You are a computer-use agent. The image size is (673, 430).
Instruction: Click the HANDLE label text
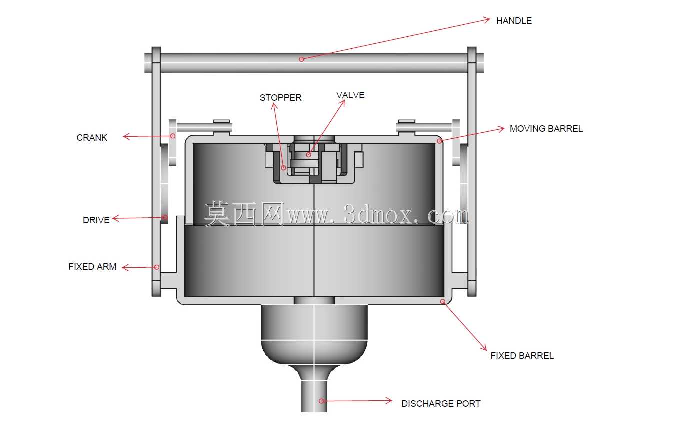(x=514, y=20)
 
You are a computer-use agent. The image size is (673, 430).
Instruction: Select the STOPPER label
(x=280, y=98)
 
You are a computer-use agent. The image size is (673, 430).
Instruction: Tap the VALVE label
(x=350, y=95)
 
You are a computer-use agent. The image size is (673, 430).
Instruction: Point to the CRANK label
(x=92, y=138)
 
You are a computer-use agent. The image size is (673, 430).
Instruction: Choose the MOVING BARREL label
(x=546, y=129)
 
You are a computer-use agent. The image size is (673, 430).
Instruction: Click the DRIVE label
(x=96, y=220)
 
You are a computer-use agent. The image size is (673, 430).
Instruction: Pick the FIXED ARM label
(x=92, y=267)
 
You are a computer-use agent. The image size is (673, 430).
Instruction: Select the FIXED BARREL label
(x=522, y=356)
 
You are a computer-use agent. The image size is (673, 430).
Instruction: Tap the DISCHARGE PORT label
(x=441, y=404)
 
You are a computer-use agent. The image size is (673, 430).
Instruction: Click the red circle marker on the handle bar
(x=301, y=59)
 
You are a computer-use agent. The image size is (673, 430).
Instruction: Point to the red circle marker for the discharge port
(x=321, y=401)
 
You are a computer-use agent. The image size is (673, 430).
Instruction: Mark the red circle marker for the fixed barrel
(x=443, y=301)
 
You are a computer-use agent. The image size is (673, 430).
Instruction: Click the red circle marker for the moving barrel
(x=439, y=141)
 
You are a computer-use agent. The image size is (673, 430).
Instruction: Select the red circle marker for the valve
(x=309, y=155)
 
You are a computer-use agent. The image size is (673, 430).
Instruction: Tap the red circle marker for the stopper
(x=283, y=168)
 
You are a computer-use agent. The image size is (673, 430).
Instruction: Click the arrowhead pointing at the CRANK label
(x=126, y=136)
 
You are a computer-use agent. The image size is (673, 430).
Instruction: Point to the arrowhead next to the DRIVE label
(x=115, y=218)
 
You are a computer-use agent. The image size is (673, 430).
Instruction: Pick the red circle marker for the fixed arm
(x=157, y=267)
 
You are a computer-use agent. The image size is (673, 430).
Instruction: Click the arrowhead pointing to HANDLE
(x=487, y=20)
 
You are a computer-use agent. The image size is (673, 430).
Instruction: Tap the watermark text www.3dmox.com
(x=377, y=215)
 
